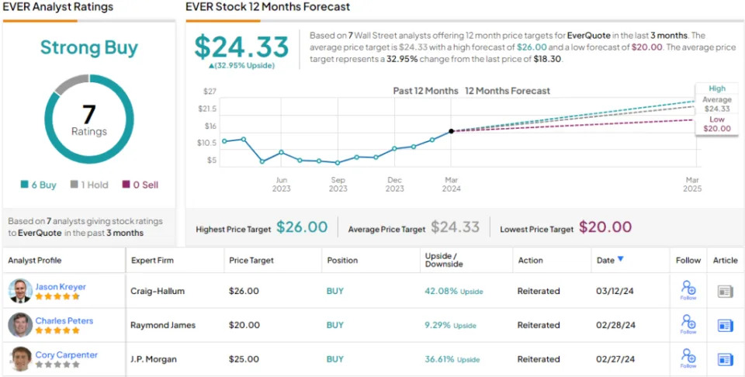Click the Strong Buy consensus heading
click(88, 47)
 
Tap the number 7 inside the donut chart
click(89, 115)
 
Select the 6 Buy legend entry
click(39, 185)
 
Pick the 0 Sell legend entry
click(140, 185)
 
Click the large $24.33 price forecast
click(241, 47)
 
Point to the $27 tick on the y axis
click(209, 91)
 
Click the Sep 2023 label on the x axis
click(338, 183)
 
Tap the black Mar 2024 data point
click(451, 131)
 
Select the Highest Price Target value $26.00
click(302, 227)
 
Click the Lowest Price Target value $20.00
click(605, 227)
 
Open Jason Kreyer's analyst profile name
click(61, 286)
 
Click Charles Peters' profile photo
click(20, 324)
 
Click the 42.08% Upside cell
click(454, 291)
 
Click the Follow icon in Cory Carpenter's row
click(688, 358)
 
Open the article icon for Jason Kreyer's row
click(726, 291)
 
